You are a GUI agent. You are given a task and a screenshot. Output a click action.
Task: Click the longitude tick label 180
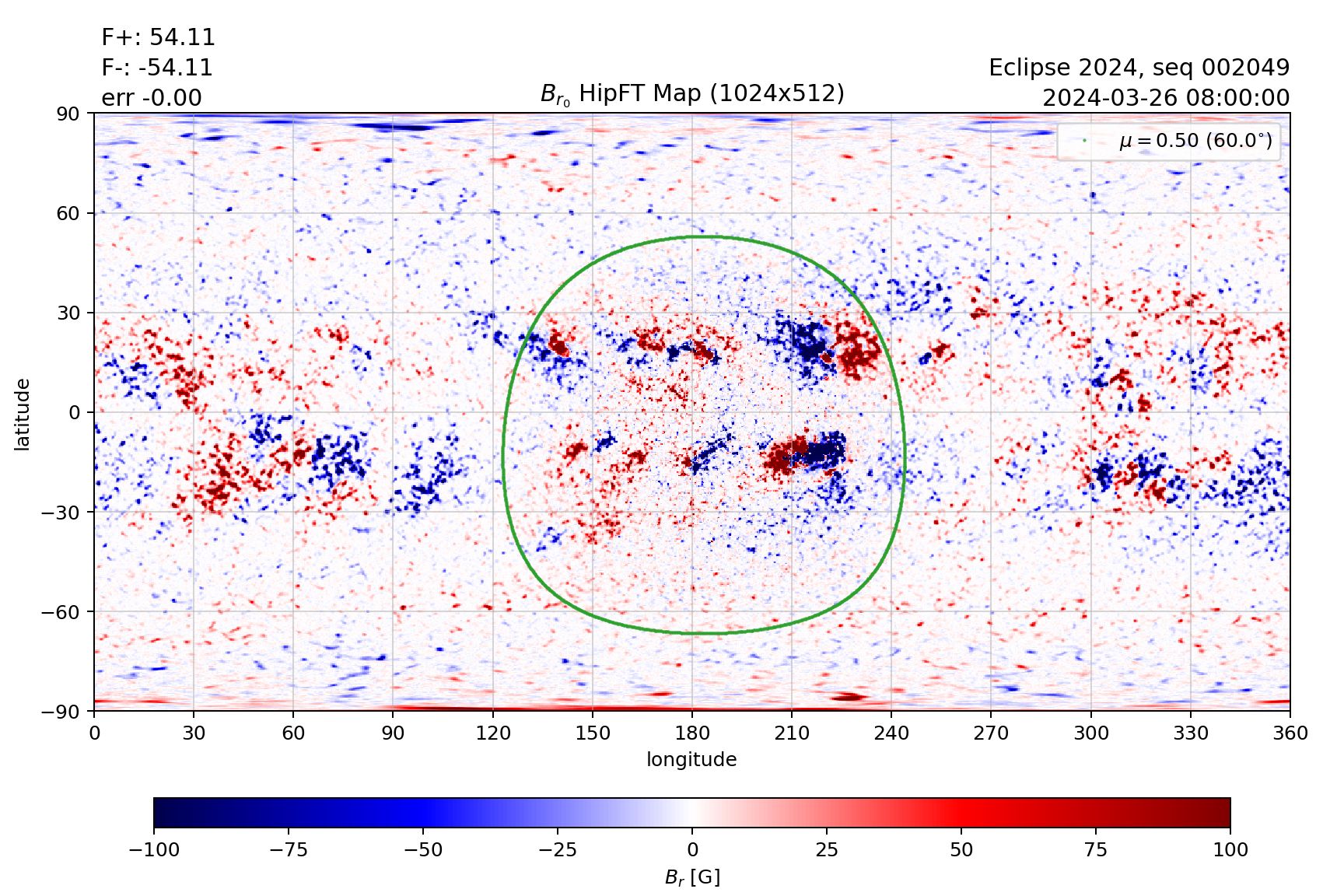(691, 733)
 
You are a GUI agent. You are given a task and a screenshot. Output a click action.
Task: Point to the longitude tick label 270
(990, 733)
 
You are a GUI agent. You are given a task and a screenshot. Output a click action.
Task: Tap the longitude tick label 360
(1290, 733)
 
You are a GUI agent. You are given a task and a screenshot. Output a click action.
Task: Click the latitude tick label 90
(68, 114)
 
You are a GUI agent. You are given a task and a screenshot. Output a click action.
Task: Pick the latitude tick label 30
(68, 313)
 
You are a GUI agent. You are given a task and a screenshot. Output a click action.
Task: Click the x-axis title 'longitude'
(691, 760)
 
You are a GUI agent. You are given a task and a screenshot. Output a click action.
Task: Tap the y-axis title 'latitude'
(23, 414)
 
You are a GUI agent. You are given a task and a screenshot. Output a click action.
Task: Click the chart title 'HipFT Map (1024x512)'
(692, 94)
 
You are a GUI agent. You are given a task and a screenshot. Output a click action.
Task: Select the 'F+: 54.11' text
(158, 37)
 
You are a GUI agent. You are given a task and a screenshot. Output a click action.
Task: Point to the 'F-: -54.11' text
(157, 68)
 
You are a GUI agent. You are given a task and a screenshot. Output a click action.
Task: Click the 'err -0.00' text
(152, 98)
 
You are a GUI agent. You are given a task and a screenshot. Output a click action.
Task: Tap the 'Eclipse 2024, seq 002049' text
(1139, 68)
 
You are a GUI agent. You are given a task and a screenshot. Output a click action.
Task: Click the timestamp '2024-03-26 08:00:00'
(1165, 98)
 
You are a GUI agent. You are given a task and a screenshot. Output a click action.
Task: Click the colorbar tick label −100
(154, 850)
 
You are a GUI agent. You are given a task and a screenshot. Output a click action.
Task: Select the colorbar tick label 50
(961, 850)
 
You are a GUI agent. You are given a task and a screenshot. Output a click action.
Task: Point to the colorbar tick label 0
(692, 850)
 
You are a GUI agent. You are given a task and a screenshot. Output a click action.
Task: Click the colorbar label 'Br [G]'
(692, 877)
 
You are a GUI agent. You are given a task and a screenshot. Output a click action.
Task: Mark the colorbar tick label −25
(558, 850)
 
